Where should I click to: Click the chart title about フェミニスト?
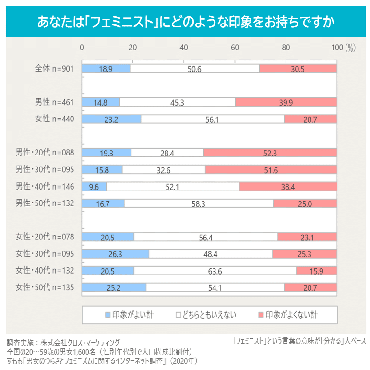pyautogui.click(x=185, y=22)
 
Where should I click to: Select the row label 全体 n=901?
pyautogui.click(x=54, y=69)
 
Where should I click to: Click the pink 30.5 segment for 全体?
pyautogui.click(x=298, y=69)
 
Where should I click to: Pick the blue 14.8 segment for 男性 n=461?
pyautogui.click(x=101, y=102)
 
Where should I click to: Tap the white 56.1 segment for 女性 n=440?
pyautogui.click(x=212, y=119)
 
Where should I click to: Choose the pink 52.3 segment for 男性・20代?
pyautogui.click(x=270, y=153)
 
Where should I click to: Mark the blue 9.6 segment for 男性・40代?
pyautogui.click(x=94, y=186)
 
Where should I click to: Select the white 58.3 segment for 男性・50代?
pyautogui.click(x=199, y=203)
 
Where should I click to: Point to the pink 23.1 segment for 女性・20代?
pyautogui.click(x=307, y=237)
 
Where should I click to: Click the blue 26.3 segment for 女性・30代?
pyautogui.click(x=115, y=253)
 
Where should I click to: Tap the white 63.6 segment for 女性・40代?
pyautogui.click(x=215, y=271)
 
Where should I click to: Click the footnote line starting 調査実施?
pyautogui.click(x=63, y=343)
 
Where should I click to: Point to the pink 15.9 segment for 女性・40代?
pyautogui.click(x=316, y=271)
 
